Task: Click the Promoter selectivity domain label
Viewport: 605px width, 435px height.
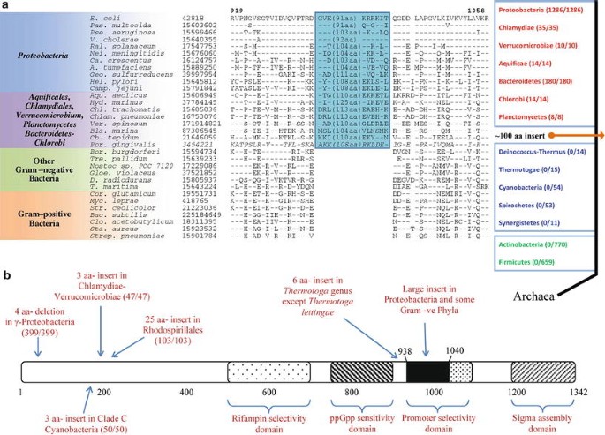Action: click(x=441, y=408)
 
